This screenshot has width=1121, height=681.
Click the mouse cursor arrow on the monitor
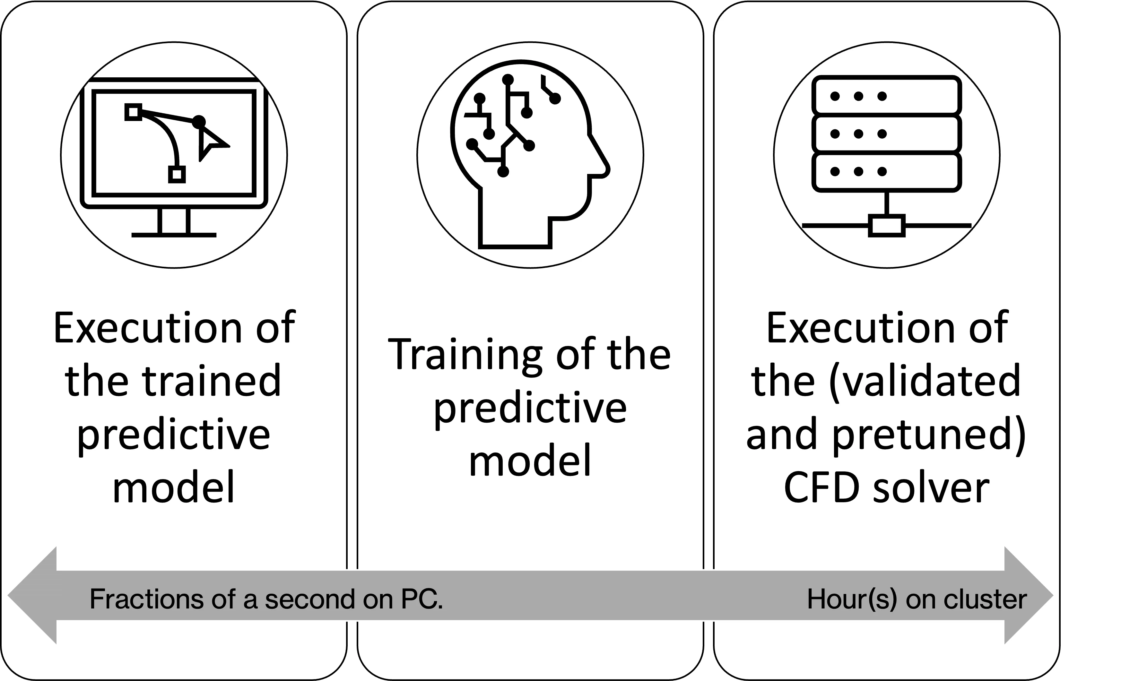(x=211, y=142)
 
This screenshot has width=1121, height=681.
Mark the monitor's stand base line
(x=174, y=235)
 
